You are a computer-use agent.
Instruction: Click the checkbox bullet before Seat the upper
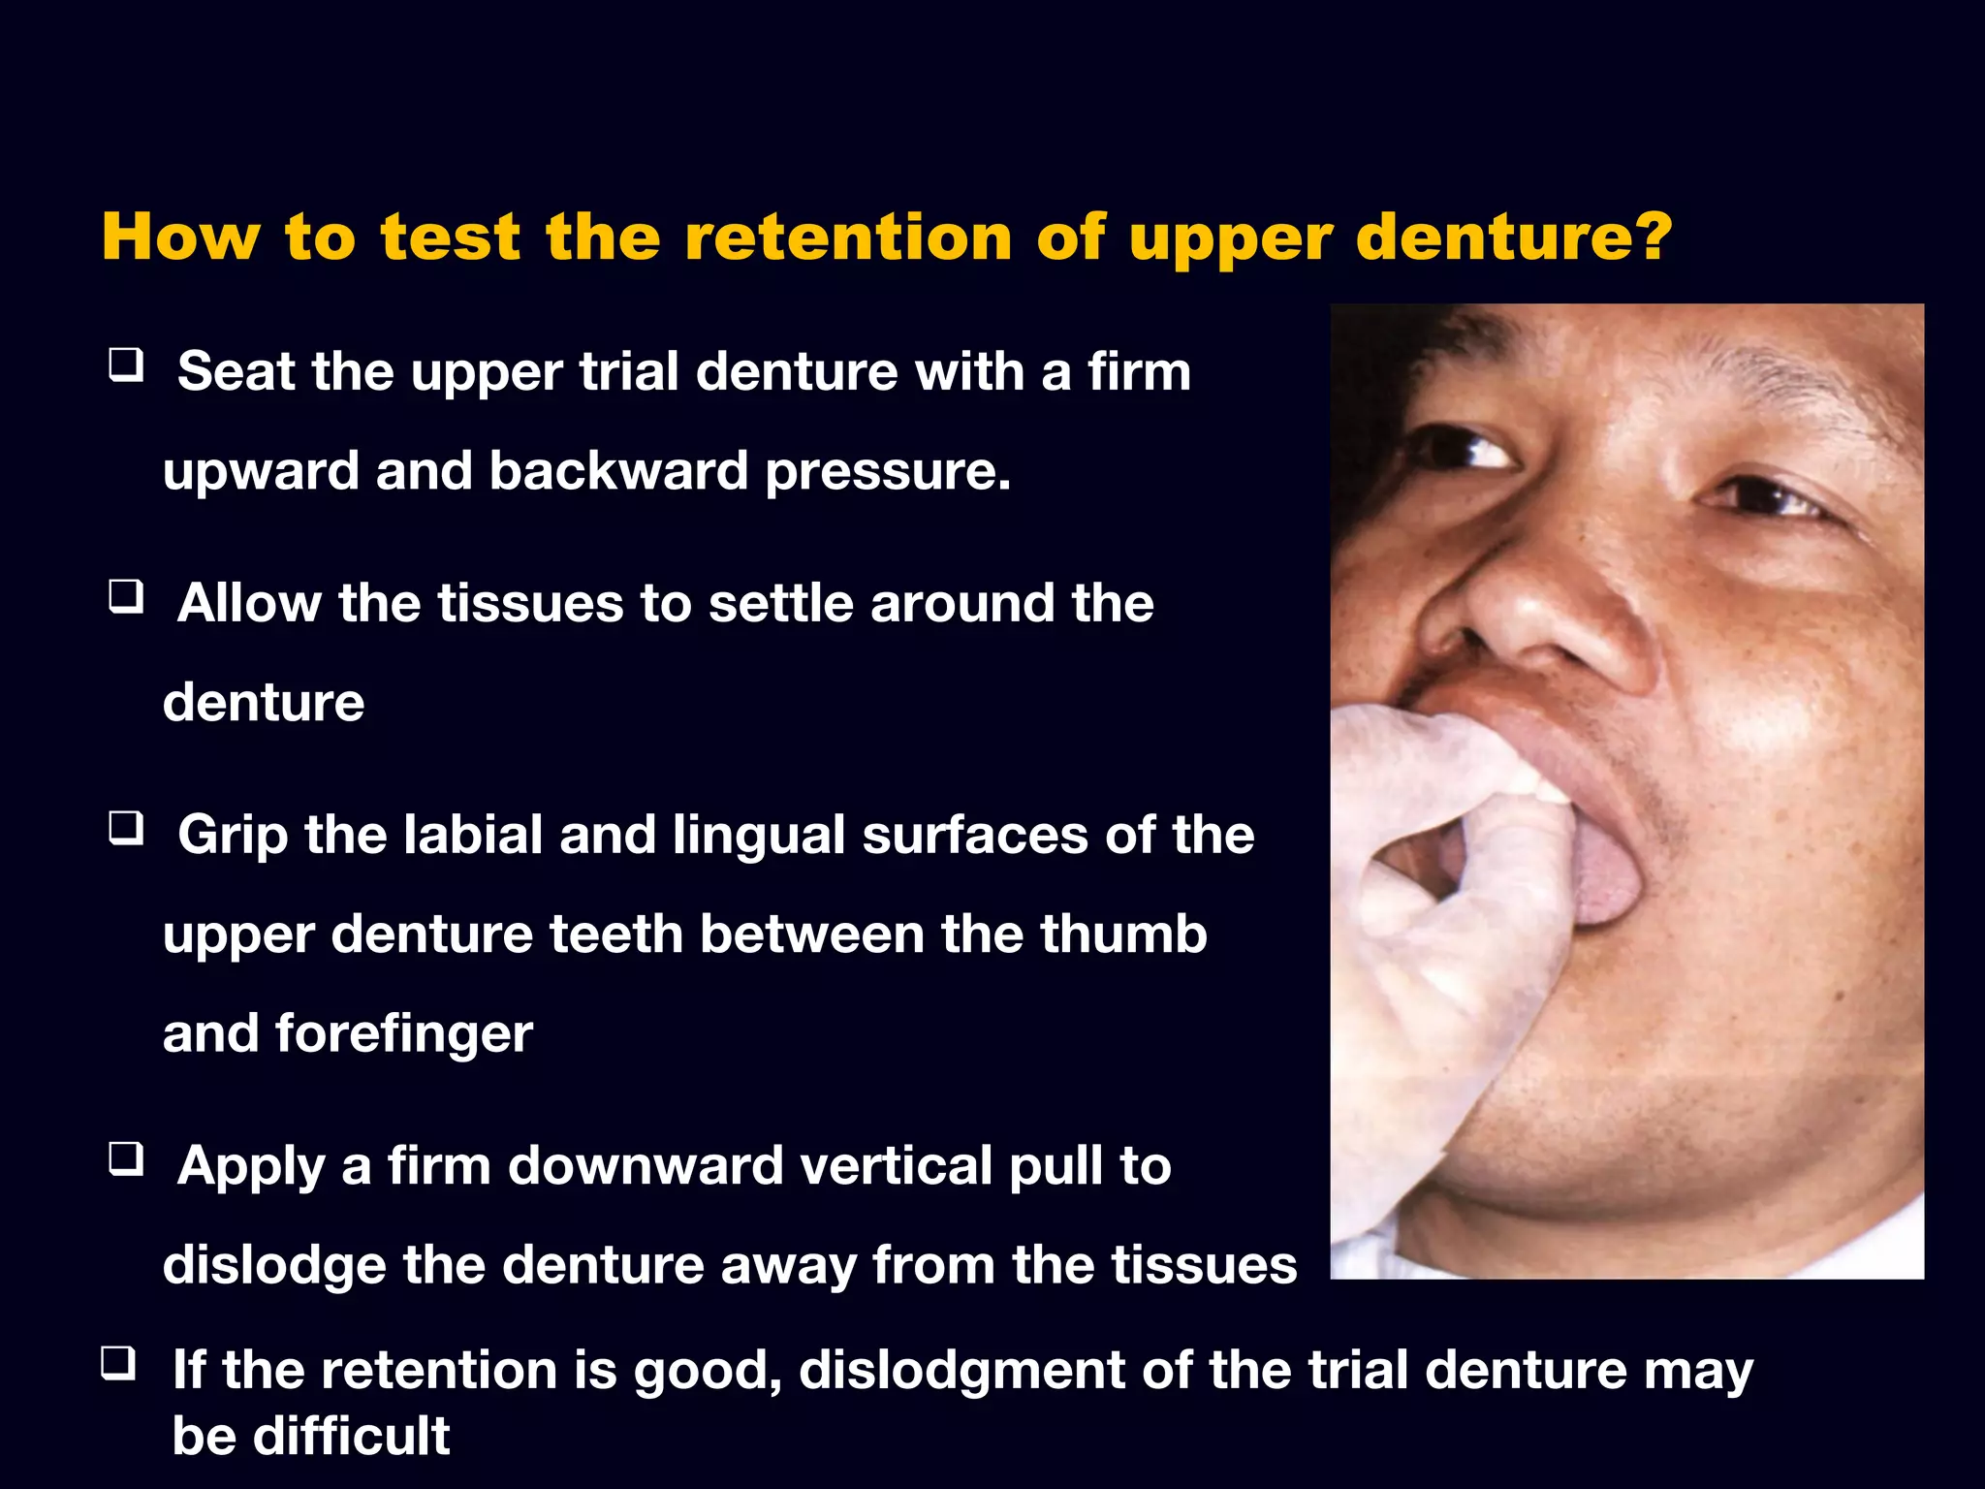tap(126, 365)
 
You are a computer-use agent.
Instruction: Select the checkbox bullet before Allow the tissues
tap(126, 596)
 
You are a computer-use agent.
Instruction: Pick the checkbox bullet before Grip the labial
tap(126, 829)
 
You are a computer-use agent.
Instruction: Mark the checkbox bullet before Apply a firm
tap(126, 1158)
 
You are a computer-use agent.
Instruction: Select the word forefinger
tap(403, 1033)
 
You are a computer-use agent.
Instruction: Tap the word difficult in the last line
tap(351, 1436)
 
